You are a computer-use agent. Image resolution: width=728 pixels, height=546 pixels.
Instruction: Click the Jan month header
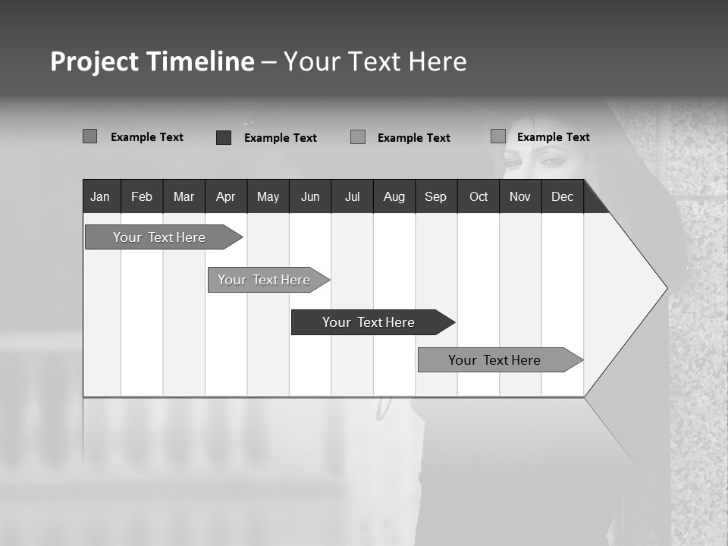100,196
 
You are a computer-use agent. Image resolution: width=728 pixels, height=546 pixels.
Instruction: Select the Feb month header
142,196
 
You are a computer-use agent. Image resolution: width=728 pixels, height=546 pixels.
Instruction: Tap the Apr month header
225,196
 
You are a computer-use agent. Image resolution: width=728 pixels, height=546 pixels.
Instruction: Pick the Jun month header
310,196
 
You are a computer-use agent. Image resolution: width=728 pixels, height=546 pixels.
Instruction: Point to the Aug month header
394,196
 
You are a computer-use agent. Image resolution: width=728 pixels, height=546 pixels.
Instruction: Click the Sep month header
435,196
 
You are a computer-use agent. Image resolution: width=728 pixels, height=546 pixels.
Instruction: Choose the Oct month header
479,196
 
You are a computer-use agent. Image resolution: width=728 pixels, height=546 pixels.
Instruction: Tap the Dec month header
562,196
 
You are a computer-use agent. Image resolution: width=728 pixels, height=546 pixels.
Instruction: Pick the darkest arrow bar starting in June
369,322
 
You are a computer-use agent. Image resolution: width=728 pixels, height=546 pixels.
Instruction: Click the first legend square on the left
89,136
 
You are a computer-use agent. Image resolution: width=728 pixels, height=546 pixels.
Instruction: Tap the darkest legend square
223,137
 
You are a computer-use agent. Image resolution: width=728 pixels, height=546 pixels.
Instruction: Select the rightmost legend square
497,136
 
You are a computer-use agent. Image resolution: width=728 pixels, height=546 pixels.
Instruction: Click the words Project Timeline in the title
152,61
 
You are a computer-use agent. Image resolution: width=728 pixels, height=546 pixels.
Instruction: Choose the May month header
268,196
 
